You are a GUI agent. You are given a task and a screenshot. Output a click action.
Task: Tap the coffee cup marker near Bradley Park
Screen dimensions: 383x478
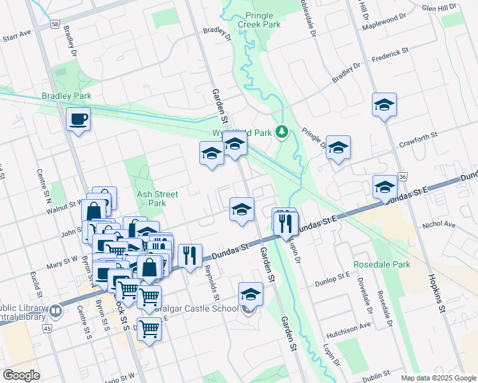[x=79, y=119]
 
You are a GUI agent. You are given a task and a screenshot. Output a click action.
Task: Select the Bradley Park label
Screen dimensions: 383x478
[x=66, y=96]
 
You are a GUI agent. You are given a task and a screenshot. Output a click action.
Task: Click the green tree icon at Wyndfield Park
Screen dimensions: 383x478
[x=282, y=132]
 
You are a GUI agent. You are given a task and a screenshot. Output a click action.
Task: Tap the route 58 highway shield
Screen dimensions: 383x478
[x=55, y=24]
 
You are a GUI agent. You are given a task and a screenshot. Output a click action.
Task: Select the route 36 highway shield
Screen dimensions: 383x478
[x=401, y=176]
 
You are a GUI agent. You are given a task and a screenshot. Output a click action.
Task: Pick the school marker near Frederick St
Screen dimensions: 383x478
[x=384, y=105]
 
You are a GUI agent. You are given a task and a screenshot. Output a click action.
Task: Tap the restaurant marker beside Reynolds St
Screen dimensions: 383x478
[x=190, y=256]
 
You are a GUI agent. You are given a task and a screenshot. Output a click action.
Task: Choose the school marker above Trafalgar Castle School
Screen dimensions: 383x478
[x=251, y=294]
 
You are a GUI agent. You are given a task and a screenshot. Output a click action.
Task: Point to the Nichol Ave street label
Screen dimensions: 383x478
[x=438, y=225]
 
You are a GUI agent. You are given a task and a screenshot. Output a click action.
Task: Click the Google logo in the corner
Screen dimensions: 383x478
[x=21, y=375]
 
